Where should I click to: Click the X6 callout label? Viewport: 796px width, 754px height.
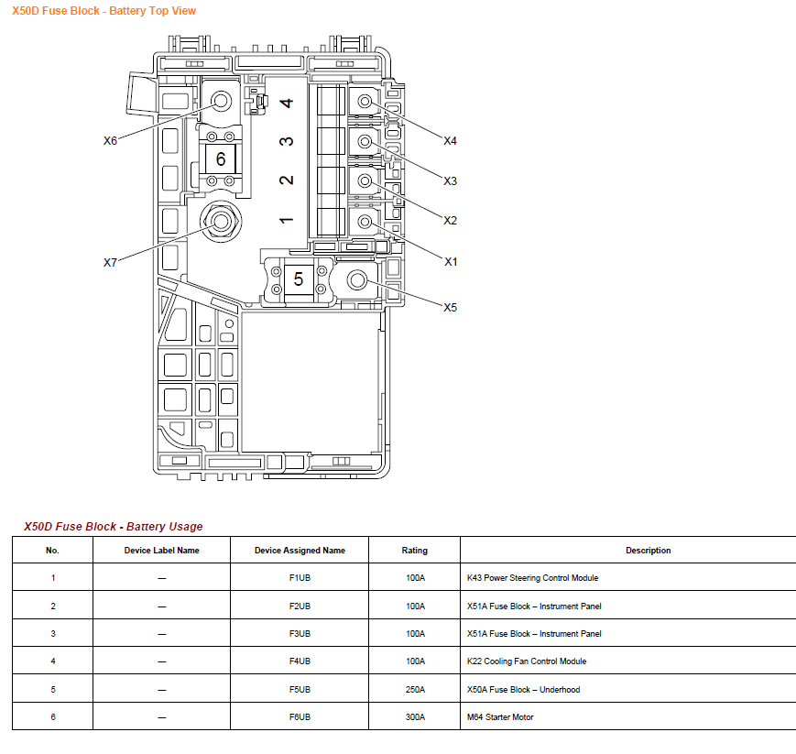point(110,141)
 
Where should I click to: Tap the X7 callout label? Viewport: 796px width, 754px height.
point(110,262)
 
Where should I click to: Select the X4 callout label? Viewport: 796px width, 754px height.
point(450,141)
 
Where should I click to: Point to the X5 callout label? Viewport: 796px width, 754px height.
point(450,307)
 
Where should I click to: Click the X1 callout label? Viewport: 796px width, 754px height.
point(450,262)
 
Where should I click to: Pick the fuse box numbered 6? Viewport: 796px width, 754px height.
point(221,159)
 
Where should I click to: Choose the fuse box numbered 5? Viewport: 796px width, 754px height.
point(299,279)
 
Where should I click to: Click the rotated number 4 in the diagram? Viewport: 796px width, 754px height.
point(287,103)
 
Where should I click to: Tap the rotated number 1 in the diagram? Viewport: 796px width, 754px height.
point(287,220)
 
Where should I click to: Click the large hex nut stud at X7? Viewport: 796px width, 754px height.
point(221,220)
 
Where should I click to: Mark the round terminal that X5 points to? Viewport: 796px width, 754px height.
point(357,279)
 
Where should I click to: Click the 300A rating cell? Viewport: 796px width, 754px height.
point(414,717)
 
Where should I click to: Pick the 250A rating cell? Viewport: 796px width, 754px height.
point(414,690)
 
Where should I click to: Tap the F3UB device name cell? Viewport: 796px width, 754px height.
point(300,634)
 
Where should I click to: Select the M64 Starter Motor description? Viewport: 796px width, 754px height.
point(500,717)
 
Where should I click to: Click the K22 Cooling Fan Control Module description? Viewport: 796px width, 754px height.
point(527,661)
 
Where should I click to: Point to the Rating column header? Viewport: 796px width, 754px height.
point(414,551)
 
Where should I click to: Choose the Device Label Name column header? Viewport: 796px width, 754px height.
point(161,551)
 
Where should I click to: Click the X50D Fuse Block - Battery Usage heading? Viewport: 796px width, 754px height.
point(114,527)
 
